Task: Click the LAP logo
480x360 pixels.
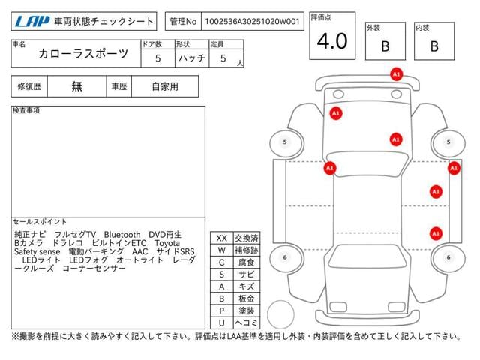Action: [32, 22]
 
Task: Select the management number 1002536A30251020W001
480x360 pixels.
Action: [252, 22]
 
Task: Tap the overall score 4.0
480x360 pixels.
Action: [332, 41]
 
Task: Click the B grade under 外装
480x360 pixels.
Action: [385, 46]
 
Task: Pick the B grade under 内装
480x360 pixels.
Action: [434, 46]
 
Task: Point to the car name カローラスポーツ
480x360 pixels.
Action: [83, 54]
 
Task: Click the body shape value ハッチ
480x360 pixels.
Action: [192, 58]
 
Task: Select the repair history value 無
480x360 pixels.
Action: [76, 87]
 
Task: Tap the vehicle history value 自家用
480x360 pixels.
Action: [165, 87]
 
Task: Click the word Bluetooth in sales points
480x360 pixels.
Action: [122, 235]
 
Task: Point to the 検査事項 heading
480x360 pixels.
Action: [26, 110]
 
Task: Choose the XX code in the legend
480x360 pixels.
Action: [222, 238]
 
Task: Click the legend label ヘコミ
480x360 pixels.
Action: [247, 322]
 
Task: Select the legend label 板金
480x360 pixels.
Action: [247, 298]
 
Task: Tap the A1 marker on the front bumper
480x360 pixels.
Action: [397, 74]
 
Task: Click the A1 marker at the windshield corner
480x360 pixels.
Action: [330, 168]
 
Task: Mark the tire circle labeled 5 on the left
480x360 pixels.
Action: [285, 142]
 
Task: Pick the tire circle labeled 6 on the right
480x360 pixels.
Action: [448, 257]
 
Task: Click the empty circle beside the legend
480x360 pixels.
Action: [280, 314]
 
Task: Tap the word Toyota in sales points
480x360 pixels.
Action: [167, 243]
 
